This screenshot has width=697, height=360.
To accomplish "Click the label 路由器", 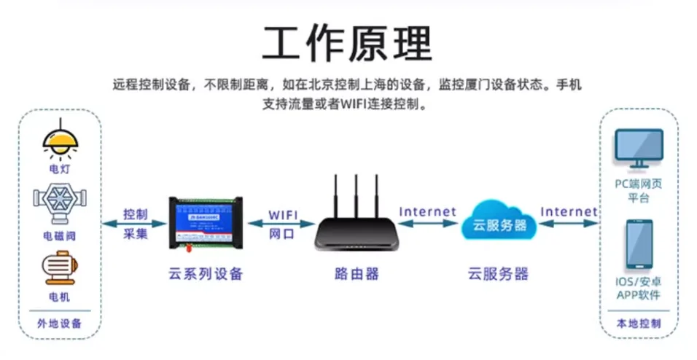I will (x=357, y=275).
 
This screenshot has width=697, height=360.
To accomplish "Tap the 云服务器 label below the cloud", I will (x=499, y=275).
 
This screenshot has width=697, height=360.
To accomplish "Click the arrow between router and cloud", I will (x=427, y=224).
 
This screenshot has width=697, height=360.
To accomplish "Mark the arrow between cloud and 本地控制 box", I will (x=568, y=224).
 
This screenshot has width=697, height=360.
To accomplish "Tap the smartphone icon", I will (x=639, y=245).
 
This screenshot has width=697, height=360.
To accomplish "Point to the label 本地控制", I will (x=639, y=323).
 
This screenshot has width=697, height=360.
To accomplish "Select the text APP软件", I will (x=639, y=295).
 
